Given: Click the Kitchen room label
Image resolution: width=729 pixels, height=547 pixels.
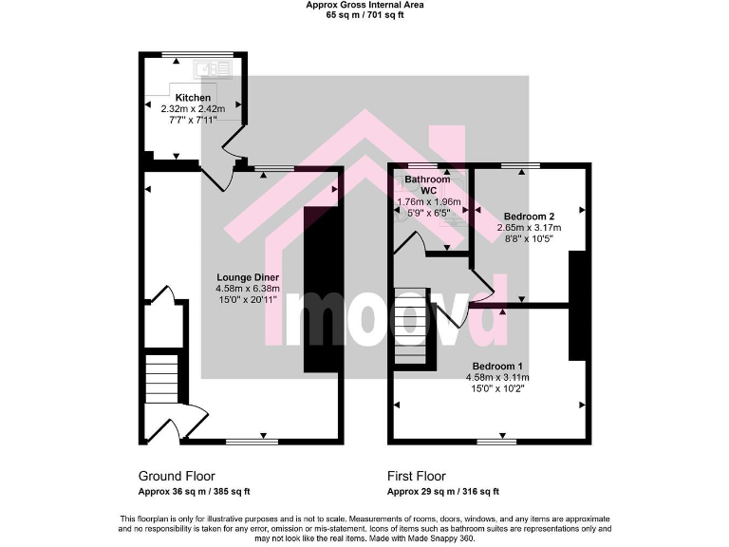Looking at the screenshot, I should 193,98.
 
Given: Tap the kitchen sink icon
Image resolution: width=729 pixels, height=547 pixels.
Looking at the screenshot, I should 205,68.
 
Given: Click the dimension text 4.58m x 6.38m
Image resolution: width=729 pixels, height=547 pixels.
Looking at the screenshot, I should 245,289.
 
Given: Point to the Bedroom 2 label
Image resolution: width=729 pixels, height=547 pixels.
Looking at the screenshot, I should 529,215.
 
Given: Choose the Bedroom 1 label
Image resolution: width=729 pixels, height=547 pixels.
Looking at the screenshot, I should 497,366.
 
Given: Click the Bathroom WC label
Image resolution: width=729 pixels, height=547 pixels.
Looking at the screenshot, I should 428,184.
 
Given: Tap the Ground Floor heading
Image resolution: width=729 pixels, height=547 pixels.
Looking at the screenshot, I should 177,476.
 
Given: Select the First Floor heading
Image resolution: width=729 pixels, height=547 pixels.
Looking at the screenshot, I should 416,476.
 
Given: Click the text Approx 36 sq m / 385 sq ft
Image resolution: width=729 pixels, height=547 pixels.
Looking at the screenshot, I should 194,492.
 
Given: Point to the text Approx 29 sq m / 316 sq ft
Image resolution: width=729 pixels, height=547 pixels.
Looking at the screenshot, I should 442,492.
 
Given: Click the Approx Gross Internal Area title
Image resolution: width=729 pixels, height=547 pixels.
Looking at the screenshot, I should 364,6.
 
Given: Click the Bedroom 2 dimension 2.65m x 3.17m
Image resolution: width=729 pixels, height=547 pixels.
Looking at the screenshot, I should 529,227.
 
